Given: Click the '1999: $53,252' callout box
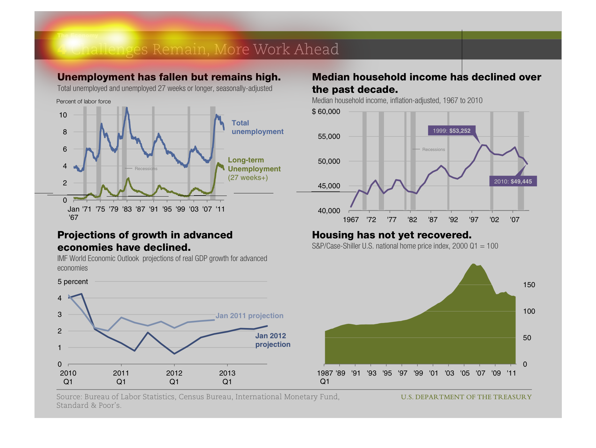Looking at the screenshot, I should pyautogui.click(x=451, y=131).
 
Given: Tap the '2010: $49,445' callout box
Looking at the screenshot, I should pyautogui.click(x=513, y=181).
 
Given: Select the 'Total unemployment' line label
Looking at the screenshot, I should pyautogui.click(x=257, y=127).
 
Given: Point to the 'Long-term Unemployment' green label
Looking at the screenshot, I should pyautogui.click(x=254, y=165).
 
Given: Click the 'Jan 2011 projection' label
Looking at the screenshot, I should pyautogui.click(x=249, y=316).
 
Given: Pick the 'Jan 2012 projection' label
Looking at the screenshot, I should pyautogui.click(x=272, y=340).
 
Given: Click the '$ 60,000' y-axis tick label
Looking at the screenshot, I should pyautogui.click(x=326, y=111).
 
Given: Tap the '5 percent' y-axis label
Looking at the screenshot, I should pyautogui.click(x=73, y=281).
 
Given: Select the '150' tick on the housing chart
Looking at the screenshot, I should pyautogui.click(x=529, y=285).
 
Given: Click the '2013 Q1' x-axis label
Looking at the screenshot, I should pyautogui.click(x=227, y=377).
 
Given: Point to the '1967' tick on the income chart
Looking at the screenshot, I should pyautogui.click(x=351, y=220).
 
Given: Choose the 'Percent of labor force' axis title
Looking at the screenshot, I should pyautogui.click(x=84, y=101).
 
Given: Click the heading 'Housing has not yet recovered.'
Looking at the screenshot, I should pyautogui.click(x=392, y=235).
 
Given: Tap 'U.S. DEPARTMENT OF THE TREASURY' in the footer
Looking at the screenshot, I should pyautogui.click(x=466, y=397).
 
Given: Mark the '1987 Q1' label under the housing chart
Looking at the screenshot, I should pyautogui.click(x=325, y=377).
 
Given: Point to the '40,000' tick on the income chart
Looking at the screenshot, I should pyautogui.click(x=329, y=211).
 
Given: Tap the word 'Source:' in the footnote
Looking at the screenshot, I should pyautogui.click(x=69, y=397).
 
